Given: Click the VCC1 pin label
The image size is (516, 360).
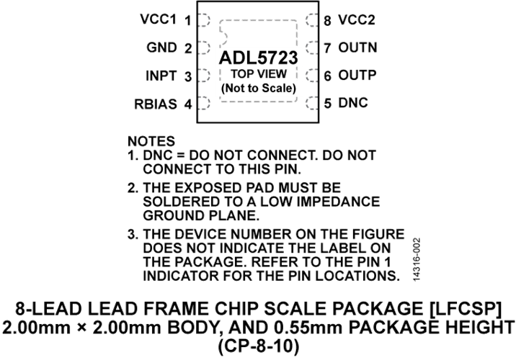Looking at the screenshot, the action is [x=159, y=19].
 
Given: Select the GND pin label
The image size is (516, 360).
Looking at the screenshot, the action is [x=161, y=48].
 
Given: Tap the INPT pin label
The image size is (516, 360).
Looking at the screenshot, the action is [x=161, y=76].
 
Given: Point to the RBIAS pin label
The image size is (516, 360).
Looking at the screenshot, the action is [x=156, y=104].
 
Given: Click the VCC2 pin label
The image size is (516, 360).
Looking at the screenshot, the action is [x=357, y=20].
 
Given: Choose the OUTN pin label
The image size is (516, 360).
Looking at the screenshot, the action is [x=357, y=48].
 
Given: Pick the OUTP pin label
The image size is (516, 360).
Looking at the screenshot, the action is [x=357, y=76].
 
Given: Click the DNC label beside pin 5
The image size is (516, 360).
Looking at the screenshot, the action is [x=353, y=103].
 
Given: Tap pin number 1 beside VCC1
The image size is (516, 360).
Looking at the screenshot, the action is [x=188, y=21].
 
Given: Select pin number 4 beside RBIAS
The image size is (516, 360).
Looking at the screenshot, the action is [x=188, y=104].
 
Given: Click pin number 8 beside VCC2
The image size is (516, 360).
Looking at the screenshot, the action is [x=327, y=21].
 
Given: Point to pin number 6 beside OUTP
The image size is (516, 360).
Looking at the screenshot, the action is [x=327, y=76].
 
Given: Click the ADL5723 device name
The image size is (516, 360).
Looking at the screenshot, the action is [x=258, y=58].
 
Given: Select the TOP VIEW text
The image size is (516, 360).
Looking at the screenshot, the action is [x=258, y=74].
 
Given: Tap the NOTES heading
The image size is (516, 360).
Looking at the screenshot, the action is [x=151, y=141].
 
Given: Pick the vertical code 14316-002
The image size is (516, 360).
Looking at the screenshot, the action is [x=417, y=259].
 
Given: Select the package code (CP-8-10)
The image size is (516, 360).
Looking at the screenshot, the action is [x=259, y=346].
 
